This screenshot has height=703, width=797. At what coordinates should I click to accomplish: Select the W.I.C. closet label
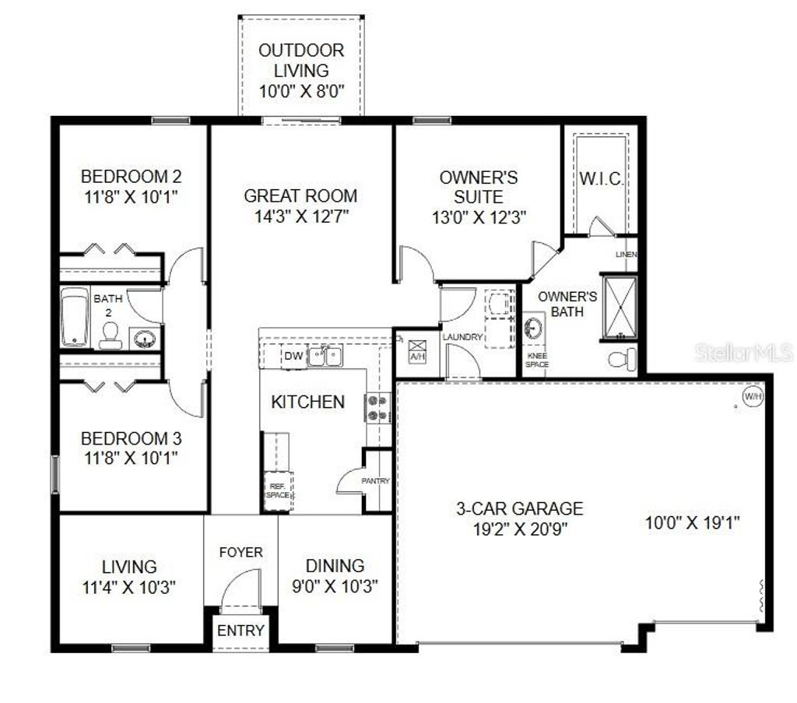click(x=601, y=179)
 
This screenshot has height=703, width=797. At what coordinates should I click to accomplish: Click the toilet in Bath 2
click(x=110, y=335)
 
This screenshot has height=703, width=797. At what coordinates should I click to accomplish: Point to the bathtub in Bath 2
click(x=75, y=317)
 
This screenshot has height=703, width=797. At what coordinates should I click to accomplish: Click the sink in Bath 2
click(x=144, y=338)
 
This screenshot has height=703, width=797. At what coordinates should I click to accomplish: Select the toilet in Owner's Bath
click(x=623, y=359)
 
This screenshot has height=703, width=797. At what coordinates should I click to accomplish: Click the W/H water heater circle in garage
click(x=753, y=396)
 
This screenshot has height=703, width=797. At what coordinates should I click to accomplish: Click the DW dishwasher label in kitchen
click(x=293, y=357)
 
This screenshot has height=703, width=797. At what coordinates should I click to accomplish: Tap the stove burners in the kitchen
click(x=377, y=409)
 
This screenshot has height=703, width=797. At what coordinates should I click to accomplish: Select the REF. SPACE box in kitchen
click(x=277, y=490)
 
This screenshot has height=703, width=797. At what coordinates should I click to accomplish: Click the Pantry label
click(x=375, y=481)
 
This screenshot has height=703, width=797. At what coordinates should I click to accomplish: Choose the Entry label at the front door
click(x=241, y=630)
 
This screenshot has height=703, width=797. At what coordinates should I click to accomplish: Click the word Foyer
click(x=241, y=552)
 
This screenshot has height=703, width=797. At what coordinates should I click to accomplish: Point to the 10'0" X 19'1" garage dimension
click(x=692, y=522)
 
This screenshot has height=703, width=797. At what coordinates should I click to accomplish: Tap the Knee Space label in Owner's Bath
click(x=537, y=360)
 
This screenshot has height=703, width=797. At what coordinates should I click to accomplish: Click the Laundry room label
click(x=462, y=337)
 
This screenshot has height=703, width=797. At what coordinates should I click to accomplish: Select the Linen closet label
click(x=626, y=255)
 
